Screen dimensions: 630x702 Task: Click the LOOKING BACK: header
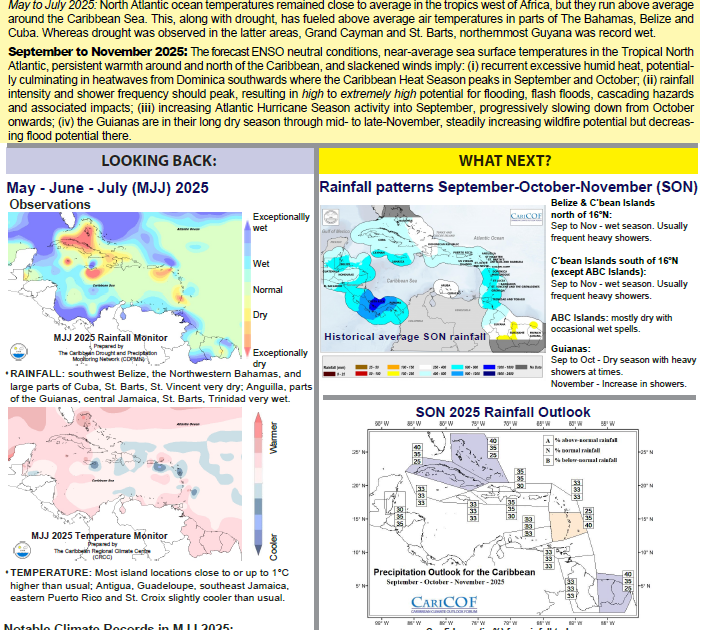(157, 161)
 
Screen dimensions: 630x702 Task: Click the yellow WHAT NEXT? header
(504, 161)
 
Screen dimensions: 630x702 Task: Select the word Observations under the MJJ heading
(49, 204)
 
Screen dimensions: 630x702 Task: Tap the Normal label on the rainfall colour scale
(268, 289)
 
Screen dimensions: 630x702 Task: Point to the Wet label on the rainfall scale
(261, 264)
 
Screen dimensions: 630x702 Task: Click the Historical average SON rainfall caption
(405, 337)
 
